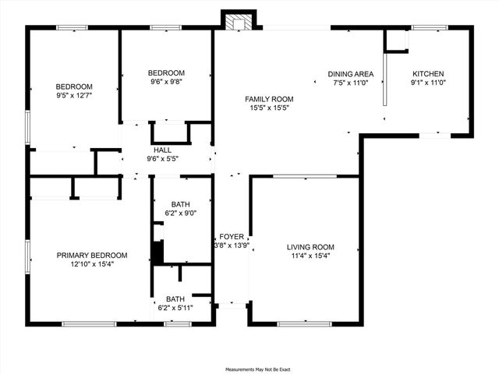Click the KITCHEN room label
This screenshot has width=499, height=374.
428,74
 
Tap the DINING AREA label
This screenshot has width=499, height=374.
351,74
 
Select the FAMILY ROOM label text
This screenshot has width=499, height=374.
269,99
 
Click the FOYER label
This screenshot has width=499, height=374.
232,236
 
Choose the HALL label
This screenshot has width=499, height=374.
162,150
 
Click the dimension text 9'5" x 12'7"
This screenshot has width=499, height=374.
74,96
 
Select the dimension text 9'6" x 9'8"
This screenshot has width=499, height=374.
166,82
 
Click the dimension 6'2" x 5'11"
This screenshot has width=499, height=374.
175,308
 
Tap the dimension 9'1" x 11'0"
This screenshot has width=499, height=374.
428,83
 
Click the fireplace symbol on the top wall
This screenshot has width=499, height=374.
237,21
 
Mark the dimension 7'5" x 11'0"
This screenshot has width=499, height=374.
351,83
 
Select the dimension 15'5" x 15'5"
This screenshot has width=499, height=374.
269,108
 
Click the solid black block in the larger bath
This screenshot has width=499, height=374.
157,252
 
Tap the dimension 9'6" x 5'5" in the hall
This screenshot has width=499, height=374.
162,160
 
